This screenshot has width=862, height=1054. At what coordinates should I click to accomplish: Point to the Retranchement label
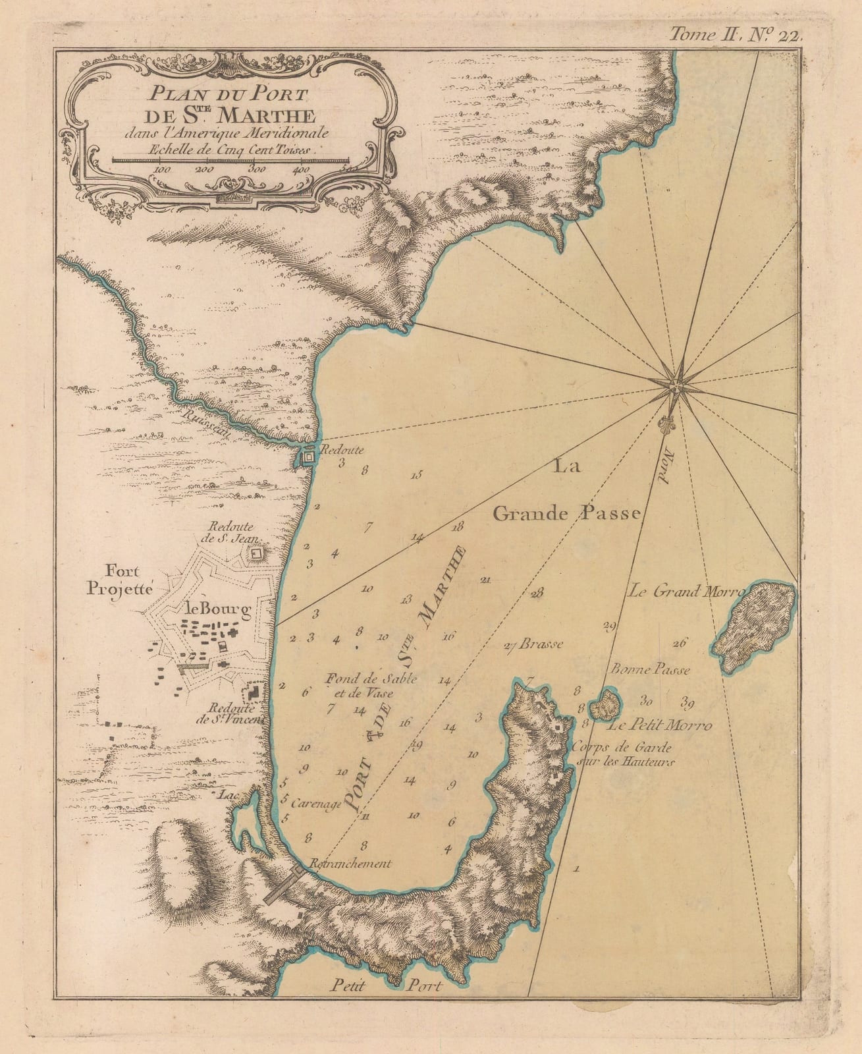point(350,864)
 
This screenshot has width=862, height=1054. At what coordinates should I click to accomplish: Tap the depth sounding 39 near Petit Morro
point(688,701)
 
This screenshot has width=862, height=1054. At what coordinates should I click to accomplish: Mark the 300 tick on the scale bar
point(256,169)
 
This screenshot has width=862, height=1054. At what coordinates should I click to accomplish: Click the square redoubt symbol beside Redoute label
point(308,455)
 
